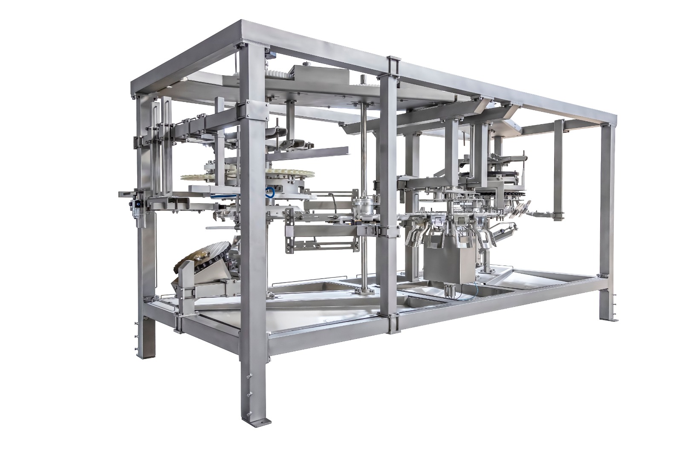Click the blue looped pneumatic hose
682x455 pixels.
click(269, 192)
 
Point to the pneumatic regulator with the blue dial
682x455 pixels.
click(137, 205)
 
